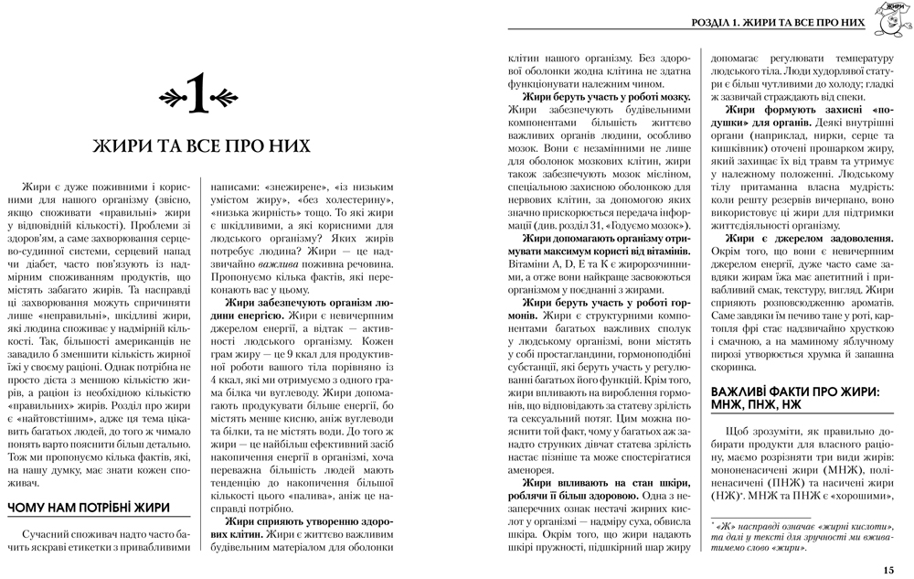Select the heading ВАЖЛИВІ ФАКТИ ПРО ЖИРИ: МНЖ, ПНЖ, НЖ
point(795,398)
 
